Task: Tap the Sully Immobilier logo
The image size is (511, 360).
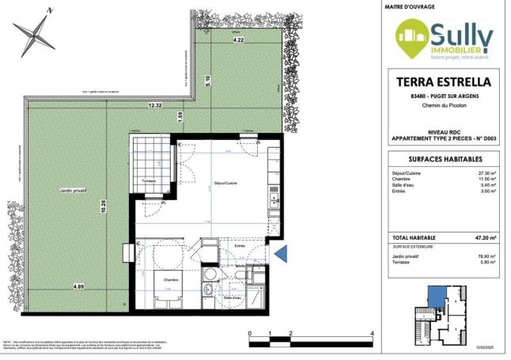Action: coord(445,40)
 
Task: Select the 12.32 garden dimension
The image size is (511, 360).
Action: coord(153,105)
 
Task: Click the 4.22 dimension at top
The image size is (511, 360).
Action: coord(237,39)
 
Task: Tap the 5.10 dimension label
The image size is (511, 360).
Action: coord(207,79)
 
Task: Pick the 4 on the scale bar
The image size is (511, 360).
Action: coord(372,334)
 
